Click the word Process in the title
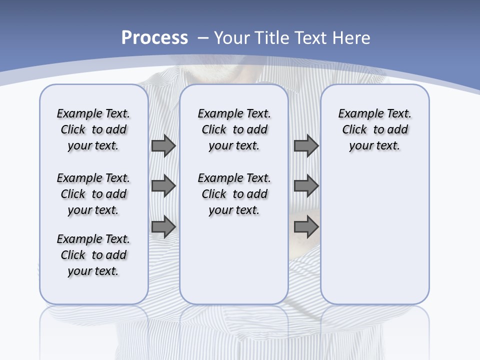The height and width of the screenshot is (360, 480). click(154, 38)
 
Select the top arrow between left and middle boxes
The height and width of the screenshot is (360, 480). click(163, 146)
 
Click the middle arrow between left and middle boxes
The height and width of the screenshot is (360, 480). click(163, 186)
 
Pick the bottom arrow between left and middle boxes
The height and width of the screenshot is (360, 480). click(163, 227)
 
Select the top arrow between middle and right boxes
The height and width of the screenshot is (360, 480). click(306, 146)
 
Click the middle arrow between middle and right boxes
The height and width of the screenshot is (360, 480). click(306, 186)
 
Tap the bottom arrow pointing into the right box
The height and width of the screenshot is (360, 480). click(306, 227)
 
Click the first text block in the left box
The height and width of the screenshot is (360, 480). click(93, 129)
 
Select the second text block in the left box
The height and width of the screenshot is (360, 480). click(93, 194)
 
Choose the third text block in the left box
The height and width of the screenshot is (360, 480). click(93, 255)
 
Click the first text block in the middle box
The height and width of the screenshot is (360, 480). click(234, 129)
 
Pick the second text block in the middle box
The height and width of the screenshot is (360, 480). click(234, 194)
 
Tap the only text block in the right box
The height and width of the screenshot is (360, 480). click(374, 129)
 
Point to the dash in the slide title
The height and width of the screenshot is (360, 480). click(203, 38)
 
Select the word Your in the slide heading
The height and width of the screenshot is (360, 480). click(232, 38)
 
